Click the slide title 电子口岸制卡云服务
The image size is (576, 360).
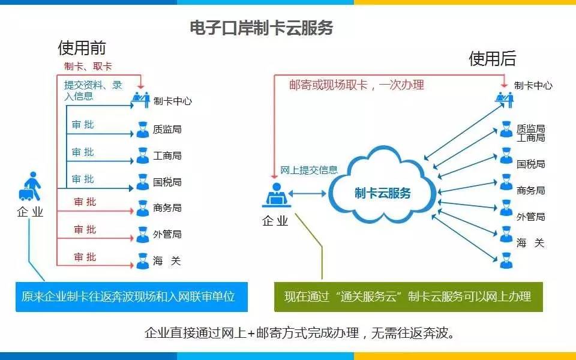(261, 28)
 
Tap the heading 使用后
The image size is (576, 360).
(492, 58)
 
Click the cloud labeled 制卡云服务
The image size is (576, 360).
(383, 193)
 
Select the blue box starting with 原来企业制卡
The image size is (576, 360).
(131, 296)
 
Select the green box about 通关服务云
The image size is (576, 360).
(408, 296)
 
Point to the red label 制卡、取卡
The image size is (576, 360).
(88, 66)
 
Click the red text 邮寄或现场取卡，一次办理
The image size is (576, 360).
(356, 85)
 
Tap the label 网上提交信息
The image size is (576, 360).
(309, 170)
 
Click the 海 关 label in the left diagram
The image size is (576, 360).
(166, 261)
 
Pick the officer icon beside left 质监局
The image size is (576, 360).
(142, 129)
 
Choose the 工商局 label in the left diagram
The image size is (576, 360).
(167, 155)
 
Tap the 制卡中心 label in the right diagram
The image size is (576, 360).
(533, 85)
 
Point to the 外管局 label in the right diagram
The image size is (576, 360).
(531, 217)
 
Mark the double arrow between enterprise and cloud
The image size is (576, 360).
(308, 193)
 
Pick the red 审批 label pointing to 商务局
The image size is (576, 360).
(85, 202)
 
